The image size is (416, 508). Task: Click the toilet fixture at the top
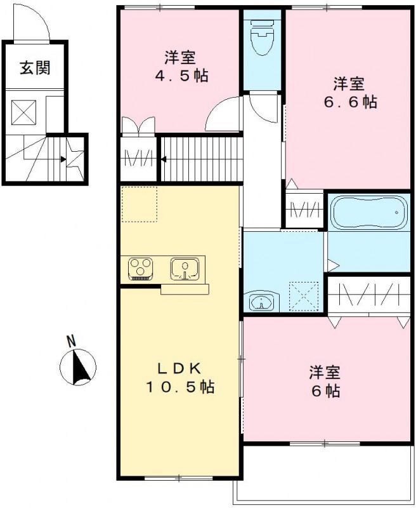(262, 39)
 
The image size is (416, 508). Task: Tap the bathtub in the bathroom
(368, 214)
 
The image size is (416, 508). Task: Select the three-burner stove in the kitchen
(140, 268)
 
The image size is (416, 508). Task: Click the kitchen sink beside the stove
(185, 269)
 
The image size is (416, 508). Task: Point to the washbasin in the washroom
(260, 302)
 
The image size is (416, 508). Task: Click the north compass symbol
(77, 366)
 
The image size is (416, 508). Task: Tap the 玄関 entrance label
(34, 68)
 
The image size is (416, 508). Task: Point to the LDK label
(179, 368)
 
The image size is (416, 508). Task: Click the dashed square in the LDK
(139, 204)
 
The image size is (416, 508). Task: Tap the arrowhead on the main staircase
(164, 159)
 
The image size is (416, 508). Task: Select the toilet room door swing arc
(263, 105)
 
